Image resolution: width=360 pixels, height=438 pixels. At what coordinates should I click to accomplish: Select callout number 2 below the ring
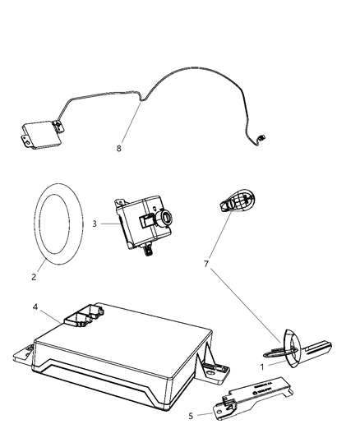34,277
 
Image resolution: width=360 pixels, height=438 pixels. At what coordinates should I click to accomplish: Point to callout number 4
35,308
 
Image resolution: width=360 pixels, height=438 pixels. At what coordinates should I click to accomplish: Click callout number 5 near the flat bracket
192,416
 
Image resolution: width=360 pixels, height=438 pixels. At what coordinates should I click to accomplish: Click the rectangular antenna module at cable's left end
40,133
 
